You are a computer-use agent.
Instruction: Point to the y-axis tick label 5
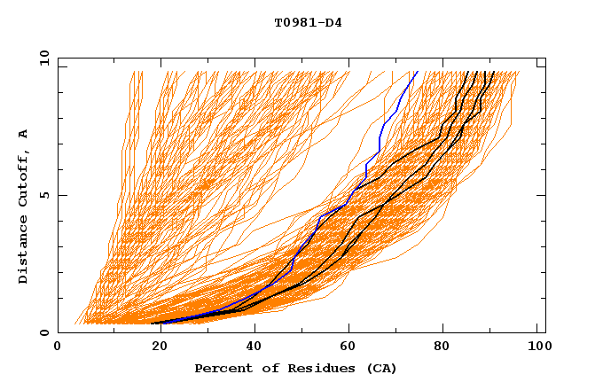(47, 195)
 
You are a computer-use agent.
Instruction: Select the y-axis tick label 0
(47, 332)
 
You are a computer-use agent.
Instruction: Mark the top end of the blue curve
(417, 72)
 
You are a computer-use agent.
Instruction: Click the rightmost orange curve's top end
(519, 72)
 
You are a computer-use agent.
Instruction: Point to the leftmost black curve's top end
(467, 72)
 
